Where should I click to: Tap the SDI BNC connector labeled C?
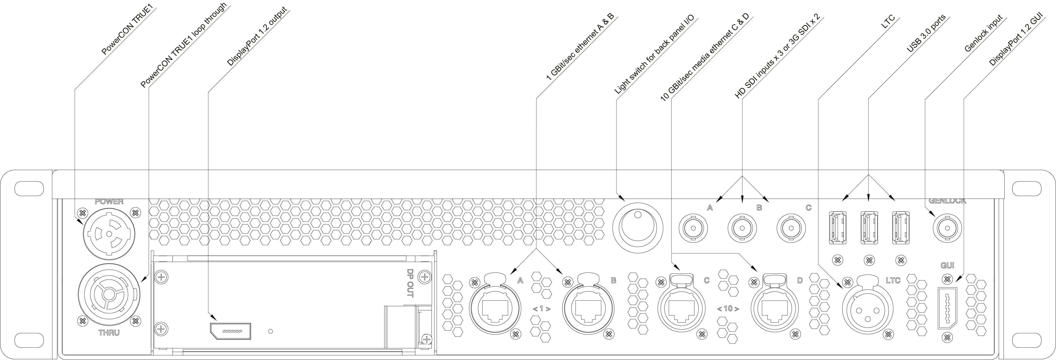(x=792, y=227)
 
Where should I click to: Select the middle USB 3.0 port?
(x=869, y=228)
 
